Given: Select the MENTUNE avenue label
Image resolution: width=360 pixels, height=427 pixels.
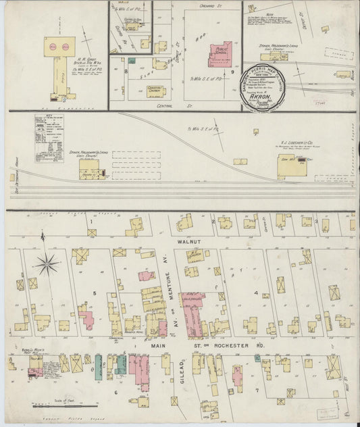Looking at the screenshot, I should tap(164, 277).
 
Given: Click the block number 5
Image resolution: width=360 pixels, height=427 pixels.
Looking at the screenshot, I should tap(95, 293).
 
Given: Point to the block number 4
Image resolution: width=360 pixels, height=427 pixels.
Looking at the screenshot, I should tap(256, 293).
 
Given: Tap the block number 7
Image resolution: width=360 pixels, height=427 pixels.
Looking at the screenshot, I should tap(257, 391).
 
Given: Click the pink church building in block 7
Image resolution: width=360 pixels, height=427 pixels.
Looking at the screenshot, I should tap(237, 375).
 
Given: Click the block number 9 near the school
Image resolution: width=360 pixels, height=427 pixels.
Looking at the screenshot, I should tap(232, 71).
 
